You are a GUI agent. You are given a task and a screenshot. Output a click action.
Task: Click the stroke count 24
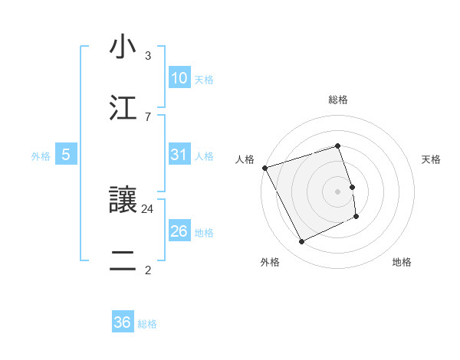point(148,208)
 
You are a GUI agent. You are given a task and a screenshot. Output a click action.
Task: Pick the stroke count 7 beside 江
point(148,116)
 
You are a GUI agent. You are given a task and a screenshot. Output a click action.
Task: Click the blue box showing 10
point(179,78)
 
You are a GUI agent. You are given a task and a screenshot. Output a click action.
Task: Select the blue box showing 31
point(179,155)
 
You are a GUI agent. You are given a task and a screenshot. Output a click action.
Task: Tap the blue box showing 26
point(179,231)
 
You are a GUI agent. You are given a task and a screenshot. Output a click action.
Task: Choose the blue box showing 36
point(123,322)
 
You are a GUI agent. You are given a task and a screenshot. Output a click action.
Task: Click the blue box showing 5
point(66,155)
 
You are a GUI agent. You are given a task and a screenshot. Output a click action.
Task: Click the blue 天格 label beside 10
point(204,79)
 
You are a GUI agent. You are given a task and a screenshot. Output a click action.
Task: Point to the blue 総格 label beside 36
point(147,323)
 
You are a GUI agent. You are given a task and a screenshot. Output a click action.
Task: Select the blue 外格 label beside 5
point(41,155)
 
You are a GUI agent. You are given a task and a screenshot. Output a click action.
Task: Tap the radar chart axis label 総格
point(338,100)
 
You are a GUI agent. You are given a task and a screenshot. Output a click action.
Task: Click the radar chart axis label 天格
point(431,159)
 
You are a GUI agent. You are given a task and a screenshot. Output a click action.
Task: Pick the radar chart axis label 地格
point(402,262)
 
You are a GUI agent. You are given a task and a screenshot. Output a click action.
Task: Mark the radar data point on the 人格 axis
point(265,168)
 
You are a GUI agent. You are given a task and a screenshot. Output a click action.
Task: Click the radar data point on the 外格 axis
point(301,242)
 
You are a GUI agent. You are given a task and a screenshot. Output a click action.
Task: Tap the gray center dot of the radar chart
point(338,191)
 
